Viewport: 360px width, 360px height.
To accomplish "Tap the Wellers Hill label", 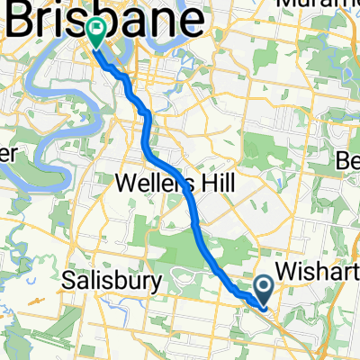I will (x=176, y=184).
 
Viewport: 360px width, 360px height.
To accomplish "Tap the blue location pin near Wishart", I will (x=265, y=290).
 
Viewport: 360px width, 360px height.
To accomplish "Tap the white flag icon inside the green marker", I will (x=95, y=26).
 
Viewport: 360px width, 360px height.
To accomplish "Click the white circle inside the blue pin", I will (x=265, y=286).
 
